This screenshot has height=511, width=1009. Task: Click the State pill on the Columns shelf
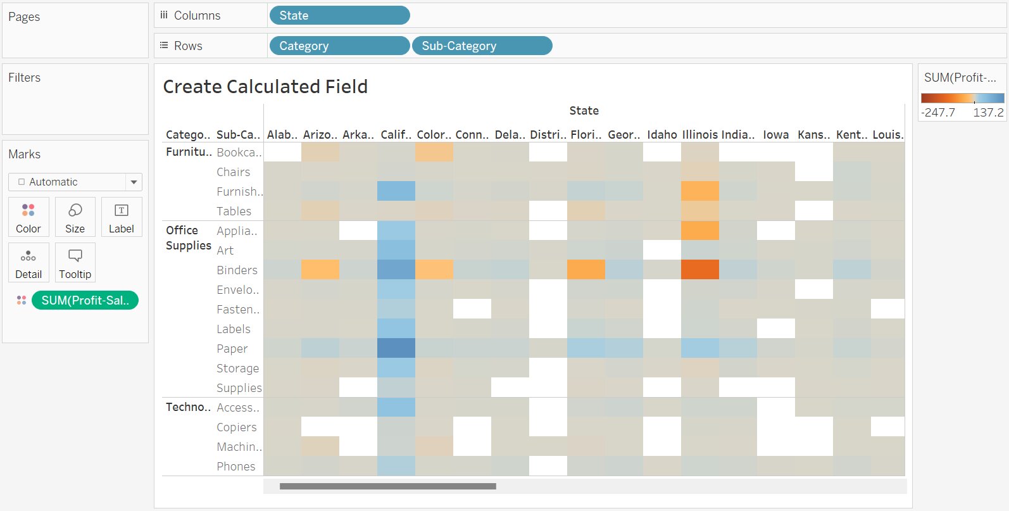point(339,15)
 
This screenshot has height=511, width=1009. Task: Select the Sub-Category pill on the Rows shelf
point(482,46)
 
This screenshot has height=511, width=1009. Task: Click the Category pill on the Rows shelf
point(339,46)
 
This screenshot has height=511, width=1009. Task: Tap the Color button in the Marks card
point(28,217)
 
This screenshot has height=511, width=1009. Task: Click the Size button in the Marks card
point(75,217)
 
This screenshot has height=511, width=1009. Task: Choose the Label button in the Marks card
point(121,217)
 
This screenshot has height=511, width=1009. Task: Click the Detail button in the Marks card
point(28,263)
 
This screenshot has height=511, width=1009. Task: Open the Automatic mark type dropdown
point(134,182)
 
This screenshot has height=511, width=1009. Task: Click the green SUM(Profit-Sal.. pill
point(85,300)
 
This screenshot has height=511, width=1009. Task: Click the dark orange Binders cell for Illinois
point(699,270)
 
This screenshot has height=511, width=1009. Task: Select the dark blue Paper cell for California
point(396,348)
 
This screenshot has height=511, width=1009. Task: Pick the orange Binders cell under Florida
point(586,270)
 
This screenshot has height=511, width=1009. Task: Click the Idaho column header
point(662,134)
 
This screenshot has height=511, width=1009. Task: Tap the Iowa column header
point(775,134)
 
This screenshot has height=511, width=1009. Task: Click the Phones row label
point(236,467)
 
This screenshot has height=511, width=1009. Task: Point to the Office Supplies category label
point(188,238)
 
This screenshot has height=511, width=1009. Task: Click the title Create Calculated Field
point(265,86)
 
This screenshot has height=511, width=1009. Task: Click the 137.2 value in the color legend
point(987,112)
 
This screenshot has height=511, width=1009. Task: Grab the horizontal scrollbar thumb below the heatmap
point(387,486)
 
